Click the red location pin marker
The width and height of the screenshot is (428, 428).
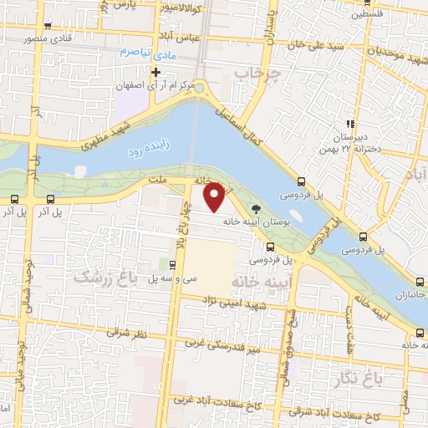[x=214, y=196]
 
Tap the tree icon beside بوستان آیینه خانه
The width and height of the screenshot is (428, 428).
[x=255, y=211]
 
